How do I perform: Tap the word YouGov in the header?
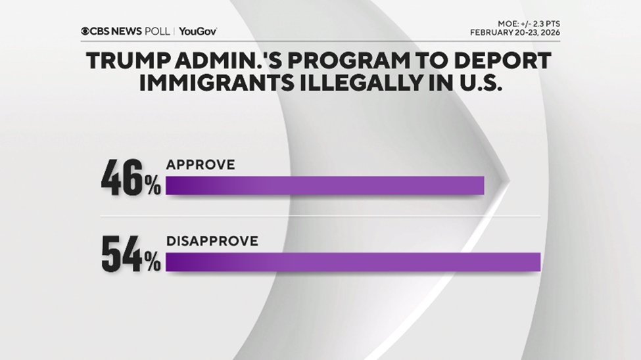point(197,32)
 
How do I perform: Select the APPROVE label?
point(200,166)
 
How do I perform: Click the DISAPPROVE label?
point(212,241)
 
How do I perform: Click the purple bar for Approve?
point(325,186)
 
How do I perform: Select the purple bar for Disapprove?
point(353,261)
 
